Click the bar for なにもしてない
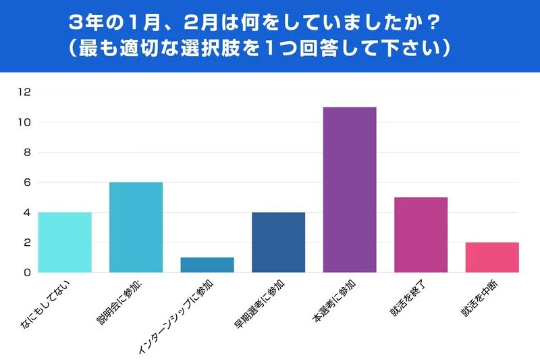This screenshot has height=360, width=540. click(65, 242)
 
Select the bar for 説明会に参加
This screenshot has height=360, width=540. click(136, 228)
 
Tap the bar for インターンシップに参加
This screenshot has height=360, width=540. click(207, 265)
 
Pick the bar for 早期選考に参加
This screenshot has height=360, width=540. click(278, 242)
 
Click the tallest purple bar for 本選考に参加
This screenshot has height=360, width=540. click(350, 190)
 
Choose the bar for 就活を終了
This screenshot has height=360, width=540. click(421, 235)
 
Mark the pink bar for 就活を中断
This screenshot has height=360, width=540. click(492, 257)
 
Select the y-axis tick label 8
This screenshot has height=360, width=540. click(26, 153)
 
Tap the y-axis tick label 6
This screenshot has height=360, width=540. click(26, 182)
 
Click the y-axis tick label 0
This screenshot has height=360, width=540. click(26, 273)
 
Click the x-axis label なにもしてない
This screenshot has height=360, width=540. click(51, 303)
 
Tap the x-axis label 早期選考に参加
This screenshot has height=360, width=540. click(263, 304)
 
